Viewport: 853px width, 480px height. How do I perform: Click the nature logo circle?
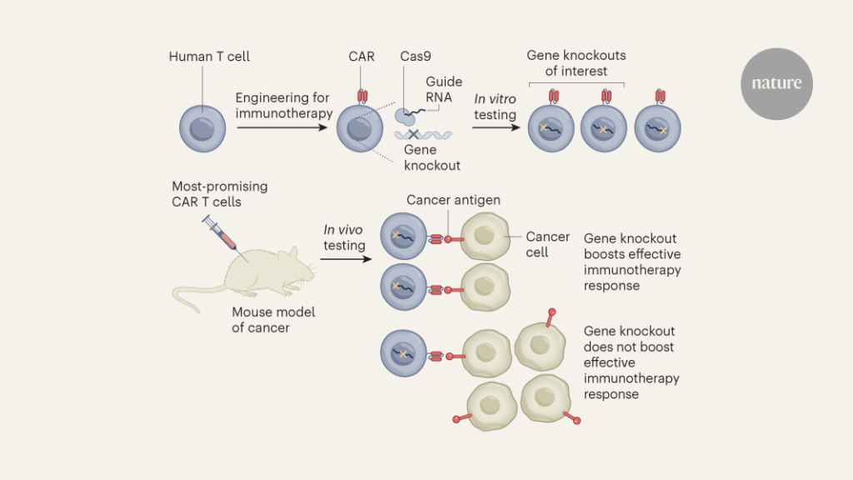[776, 83]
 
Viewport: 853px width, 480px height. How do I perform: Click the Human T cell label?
[209, 57]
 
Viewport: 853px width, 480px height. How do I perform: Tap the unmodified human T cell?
[202, 130]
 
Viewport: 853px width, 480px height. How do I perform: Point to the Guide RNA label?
[443, 89]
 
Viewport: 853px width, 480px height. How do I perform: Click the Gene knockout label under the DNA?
[431, 157]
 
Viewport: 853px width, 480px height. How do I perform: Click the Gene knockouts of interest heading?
[576, 63]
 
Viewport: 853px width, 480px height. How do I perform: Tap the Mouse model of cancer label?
[273, 320]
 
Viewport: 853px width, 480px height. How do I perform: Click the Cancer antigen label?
[455, 200]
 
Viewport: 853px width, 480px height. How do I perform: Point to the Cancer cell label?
[547, 244]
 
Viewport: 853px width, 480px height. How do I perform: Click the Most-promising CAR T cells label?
[219, 194]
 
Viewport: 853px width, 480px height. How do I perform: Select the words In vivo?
[343, 230]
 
